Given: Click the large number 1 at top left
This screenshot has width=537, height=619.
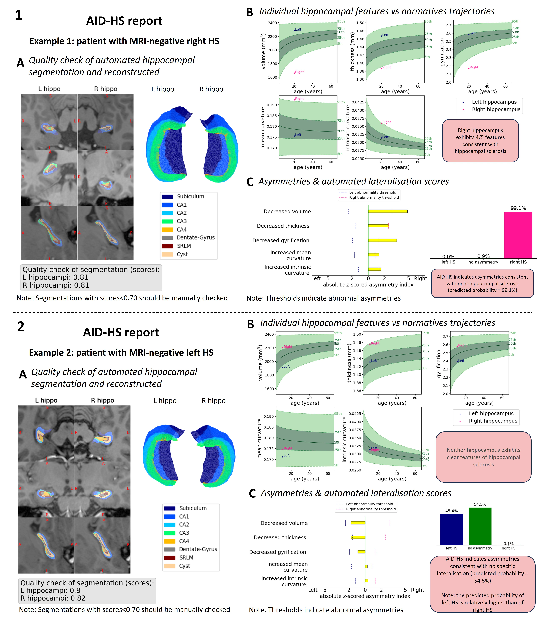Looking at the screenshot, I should coord(19,15).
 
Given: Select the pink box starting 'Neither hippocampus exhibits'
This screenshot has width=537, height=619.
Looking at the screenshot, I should coord(483,457).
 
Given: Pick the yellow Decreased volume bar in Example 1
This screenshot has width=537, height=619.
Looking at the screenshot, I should coord(387,211).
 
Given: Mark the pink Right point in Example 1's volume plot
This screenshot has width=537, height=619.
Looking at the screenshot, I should coord(294,73).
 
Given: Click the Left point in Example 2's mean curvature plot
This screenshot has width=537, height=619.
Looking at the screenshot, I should coord(283,457).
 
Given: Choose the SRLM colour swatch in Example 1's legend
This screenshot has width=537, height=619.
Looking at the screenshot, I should coord(167,246).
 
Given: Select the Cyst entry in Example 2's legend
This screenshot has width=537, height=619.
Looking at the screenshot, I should coord(185,566).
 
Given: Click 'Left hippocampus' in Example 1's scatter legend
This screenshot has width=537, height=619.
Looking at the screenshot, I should coord(494,102).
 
